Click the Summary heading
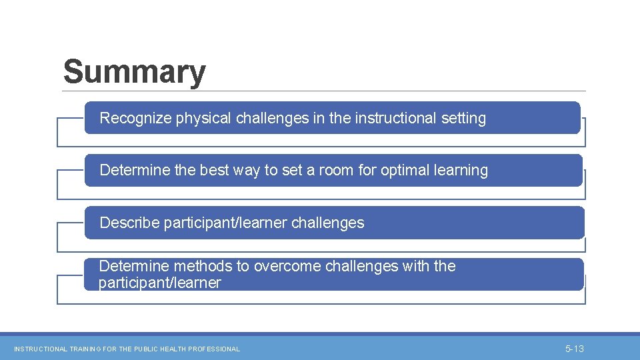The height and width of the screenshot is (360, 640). pos(134,72)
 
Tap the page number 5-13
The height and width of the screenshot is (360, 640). pos(574,349)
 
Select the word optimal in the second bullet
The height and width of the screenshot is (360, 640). pos(405,171)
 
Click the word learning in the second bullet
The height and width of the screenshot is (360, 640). pos(461,171)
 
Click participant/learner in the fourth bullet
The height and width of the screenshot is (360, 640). pos(159,283)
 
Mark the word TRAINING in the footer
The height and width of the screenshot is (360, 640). pos(84,349)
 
